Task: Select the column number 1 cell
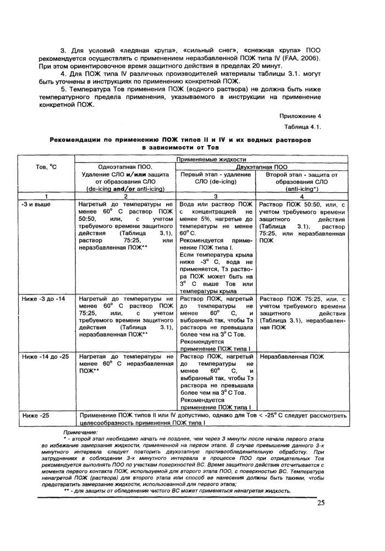tap(46, 196)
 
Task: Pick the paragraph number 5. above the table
tap(63, 89)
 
